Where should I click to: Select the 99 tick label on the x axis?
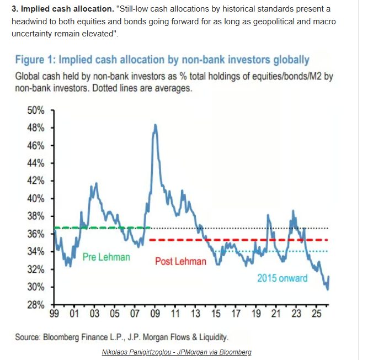54,314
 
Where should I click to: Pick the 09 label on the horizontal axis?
156,314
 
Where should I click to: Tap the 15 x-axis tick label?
216,314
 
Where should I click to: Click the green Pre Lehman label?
106,257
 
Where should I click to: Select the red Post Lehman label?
180,261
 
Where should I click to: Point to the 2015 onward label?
282,278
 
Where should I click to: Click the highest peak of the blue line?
156,125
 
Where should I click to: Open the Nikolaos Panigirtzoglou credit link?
177,352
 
